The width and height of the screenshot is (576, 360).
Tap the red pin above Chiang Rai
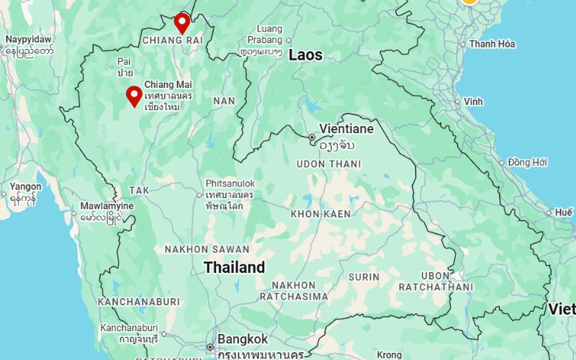[182, 22]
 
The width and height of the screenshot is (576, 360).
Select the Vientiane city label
[346, 129]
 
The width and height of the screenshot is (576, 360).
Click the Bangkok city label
[243, 339]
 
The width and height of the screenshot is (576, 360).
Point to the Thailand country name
[234, 268]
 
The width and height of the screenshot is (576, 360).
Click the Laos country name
[305, 55]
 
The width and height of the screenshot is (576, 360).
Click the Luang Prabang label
[264, 35]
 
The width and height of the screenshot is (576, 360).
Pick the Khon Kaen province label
[320, 214]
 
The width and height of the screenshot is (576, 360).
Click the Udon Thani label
[329, 164]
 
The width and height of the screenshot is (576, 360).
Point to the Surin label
[364, 276]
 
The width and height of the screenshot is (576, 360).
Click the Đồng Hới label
[528, 162]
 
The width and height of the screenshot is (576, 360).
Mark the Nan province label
[224, 101]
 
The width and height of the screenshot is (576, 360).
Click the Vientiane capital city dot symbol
[312, 137]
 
